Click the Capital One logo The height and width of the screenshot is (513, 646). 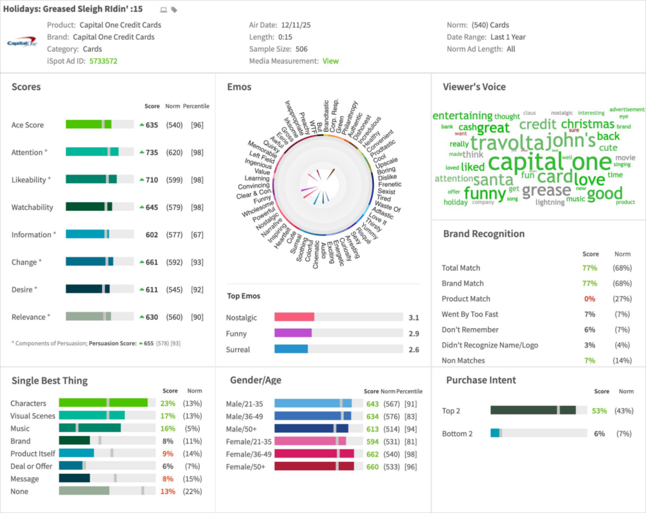tap(22, 43)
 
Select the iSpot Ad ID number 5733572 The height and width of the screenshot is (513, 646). tap(103, 61)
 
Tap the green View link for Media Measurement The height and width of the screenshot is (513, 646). tap(331, 61)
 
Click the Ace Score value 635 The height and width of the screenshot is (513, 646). tap(151, 125)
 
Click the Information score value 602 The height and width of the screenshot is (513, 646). tap(151, 235)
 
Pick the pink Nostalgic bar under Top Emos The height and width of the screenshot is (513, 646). tap(294, 317)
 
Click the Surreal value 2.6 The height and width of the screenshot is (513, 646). tap(414, 350)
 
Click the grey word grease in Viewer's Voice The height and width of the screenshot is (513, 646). tap(546, 189)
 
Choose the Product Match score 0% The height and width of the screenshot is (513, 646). tap(590, 299)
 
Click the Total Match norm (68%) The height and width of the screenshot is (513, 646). tap(622, 268)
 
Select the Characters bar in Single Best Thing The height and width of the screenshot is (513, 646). tap(103, 403)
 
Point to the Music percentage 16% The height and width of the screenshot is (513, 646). tap(168, 428)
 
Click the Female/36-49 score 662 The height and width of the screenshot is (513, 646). tap(372, 454)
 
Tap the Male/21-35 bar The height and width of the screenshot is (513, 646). tap(313, 403)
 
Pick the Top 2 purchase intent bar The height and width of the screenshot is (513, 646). tap(533, 411)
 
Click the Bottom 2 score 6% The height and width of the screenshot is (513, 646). tap(599, 433)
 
